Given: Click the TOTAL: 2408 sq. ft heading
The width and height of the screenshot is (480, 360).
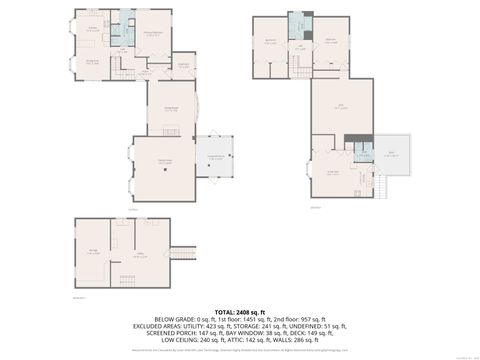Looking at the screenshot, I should [240, 312].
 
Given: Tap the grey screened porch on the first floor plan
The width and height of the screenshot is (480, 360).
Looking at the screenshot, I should [215, 157].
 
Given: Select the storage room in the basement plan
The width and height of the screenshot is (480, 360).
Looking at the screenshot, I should [94, 252].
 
